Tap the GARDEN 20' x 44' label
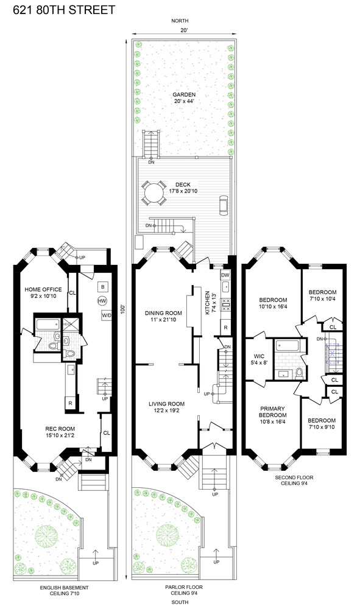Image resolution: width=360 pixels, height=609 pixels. (x=183, y=98)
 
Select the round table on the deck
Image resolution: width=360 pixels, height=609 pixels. (x=150, y=194)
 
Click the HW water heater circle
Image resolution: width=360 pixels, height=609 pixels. (x=102, y=301)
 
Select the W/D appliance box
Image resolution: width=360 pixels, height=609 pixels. (x=107, y=315)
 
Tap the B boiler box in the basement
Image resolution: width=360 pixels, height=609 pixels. (x=103, y=286)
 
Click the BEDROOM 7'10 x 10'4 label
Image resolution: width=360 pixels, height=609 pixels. (x=322, y=294)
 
